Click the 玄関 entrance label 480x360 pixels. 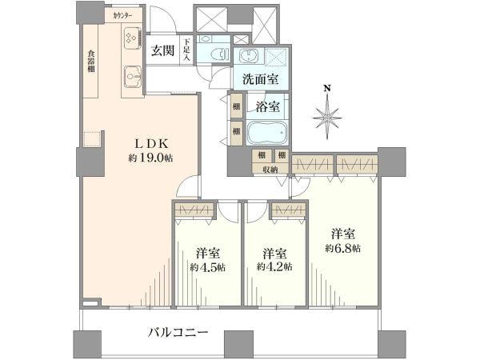tap(163, 50)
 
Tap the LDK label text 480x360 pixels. tap(151, 144)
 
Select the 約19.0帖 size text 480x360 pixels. tap(150, 158)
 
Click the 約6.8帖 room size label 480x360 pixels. tap(343, 248)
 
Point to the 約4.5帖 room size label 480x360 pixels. tap(208, 267)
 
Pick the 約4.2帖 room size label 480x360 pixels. tap(274, 266)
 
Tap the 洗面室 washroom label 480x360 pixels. tap(261, 79)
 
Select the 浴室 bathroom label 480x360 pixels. tap(267, 107)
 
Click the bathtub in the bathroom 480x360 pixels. tap(266, 133)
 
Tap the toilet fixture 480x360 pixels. tap(220, 54)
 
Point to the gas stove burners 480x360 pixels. tap(132, 38)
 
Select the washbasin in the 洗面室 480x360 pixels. tap(248, 56)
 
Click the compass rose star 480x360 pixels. tap(327, 118)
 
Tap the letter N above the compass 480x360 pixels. tap(327, 89)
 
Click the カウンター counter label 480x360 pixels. tap(122, 16)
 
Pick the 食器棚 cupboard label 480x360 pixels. tap(91, 62)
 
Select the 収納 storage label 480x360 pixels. tap(270, 170)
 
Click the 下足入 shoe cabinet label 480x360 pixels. tap(187, 49)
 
